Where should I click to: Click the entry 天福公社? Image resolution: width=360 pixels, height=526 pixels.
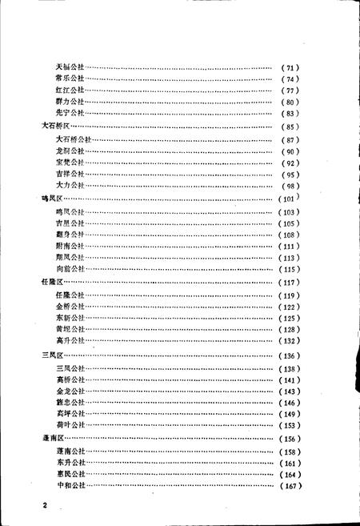(70, 66)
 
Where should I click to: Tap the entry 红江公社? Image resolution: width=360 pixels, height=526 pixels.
(70, 90)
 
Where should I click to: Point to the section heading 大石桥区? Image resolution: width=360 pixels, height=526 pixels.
(56, 126)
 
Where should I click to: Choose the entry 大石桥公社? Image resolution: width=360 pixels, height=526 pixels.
(73, 140)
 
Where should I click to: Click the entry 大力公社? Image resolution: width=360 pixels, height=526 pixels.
(70, 186)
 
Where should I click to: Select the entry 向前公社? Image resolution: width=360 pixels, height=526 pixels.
(70, 270)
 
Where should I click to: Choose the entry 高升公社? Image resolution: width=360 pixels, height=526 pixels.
(70, 341)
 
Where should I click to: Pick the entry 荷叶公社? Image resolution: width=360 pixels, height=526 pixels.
(70, 425)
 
